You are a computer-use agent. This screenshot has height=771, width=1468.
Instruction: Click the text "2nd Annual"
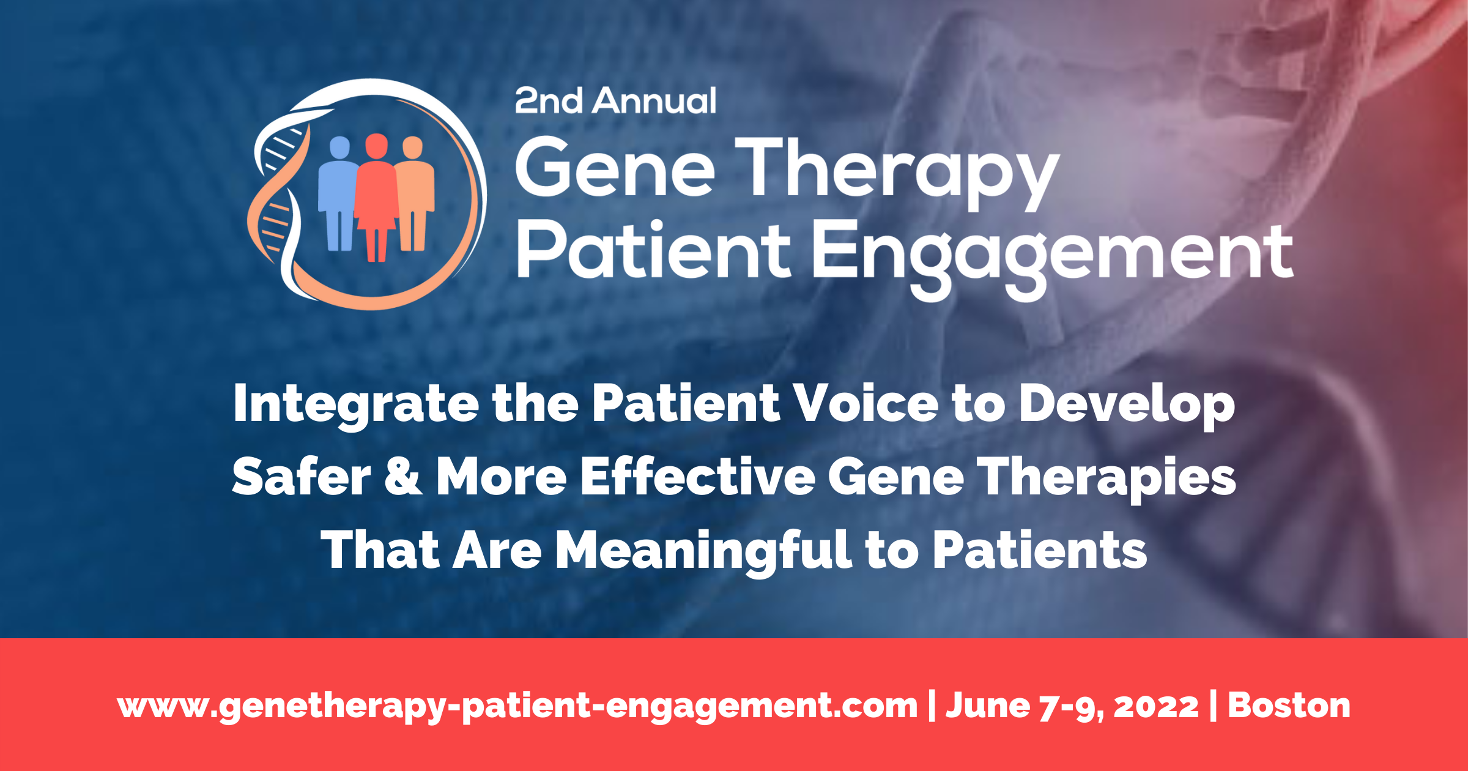pos(615,101)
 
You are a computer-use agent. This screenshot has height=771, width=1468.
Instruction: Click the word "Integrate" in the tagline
pos(355,405)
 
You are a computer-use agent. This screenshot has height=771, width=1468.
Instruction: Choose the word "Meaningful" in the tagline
pos(703,551)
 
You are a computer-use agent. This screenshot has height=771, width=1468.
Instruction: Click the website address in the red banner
pos(517,707)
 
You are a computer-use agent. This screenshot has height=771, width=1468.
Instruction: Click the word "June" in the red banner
pos(988,706)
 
